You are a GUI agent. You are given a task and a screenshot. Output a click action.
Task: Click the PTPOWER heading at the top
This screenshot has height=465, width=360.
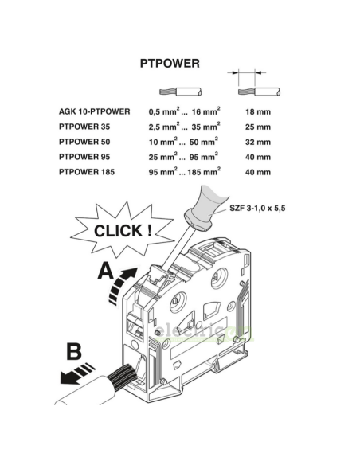[x=170, y=64]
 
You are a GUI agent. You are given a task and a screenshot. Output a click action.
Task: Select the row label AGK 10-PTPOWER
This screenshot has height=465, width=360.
[x=94, y=111]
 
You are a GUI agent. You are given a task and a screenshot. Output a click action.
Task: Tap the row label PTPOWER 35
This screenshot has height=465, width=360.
[x=84, y=127]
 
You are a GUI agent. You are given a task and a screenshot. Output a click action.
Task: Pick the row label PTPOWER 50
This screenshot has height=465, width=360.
[x=84, y=142]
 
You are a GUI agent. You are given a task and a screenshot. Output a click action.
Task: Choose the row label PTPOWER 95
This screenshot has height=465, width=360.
[x=84, y=157]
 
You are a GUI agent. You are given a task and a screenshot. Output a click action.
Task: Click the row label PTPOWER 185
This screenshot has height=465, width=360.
[x=87, y=172]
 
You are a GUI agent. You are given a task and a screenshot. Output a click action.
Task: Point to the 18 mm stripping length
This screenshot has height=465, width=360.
[x=258, y=111]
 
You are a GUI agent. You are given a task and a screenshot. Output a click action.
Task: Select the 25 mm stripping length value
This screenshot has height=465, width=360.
[x=258, y=127]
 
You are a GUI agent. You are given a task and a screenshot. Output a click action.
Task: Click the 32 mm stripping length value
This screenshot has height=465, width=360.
[x=258, y=142]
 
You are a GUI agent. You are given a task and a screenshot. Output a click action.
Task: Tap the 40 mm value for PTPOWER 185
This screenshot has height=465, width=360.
[x=258, y=172]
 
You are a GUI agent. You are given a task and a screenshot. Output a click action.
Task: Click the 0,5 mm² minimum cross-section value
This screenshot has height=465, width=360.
[x=164, y=111]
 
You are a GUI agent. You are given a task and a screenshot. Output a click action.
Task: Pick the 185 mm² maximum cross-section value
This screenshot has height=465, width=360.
[x=204, y=171]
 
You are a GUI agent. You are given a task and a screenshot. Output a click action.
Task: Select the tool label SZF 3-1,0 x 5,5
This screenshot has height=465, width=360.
[x=257, y=208]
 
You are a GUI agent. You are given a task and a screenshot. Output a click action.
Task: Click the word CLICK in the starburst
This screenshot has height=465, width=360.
[x=118, y=231]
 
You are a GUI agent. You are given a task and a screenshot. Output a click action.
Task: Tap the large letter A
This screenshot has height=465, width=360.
[x=106, y=271]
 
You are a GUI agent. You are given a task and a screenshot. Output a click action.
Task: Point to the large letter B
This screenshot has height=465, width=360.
[x=74, y=351]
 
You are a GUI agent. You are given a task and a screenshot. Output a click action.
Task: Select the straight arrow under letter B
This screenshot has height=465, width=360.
[x=76, y=374]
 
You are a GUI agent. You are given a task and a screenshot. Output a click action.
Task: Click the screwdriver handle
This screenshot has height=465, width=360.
[x=208, y=208]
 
